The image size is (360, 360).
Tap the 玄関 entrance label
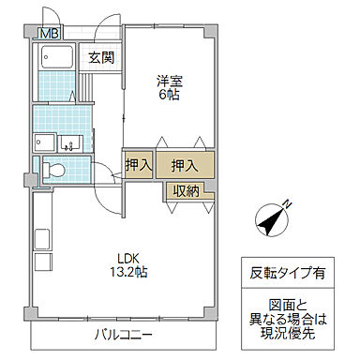tap(101, 57)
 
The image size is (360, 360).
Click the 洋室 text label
tap(169, 81)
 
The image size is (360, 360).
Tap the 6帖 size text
tap(169, 95)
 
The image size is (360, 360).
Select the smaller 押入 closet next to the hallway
tap(138, 165)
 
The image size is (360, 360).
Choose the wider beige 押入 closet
tap(184, 165)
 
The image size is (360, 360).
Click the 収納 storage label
tap(185, 190)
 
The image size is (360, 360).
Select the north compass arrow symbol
tap(272, 221)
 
